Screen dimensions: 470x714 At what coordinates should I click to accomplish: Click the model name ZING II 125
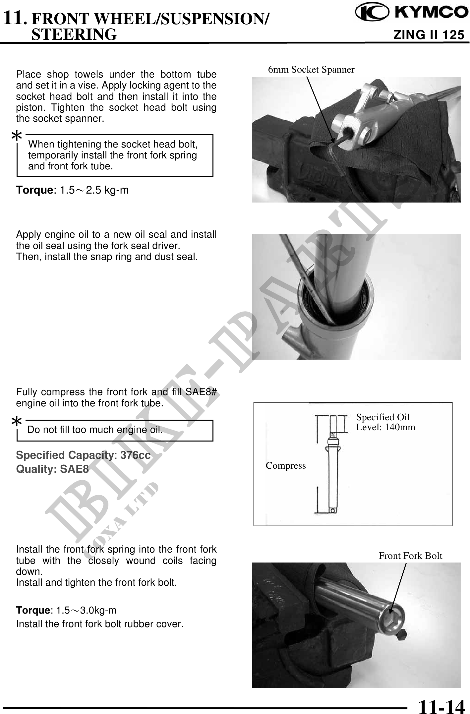pyautogui.click(x=429, y=35)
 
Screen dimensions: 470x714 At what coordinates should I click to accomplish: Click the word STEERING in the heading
pyautogui.click(x=74, y=34)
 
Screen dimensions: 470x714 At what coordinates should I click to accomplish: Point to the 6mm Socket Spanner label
pyautogui.click(x=311, y=69)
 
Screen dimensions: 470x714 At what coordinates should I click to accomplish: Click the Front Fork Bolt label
pyautogui.click(x=410, y=556)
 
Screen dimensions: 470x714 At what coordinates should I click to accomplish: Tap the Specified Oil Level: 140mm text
pyautogui.click(x=386, y=422)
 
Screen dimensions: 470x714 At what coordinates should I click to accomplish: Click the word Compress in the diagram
pyautogui.click(x=286, y=466)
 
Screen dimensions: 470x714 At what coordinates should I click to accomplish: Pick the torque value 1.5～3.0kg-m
pyautogui.click(x=86, y=610)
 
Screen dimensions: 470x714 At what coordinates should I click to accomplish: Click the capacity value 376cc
pyautogui.click(x=135, y=455)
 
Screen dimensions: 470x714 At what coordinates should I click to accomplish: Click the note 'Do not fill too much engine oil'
pyautogui.click(x=95, y=430)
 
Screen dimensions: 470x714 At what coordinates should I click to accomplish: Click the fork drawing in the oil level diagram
pyautogui.click(x=333, y=464)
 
